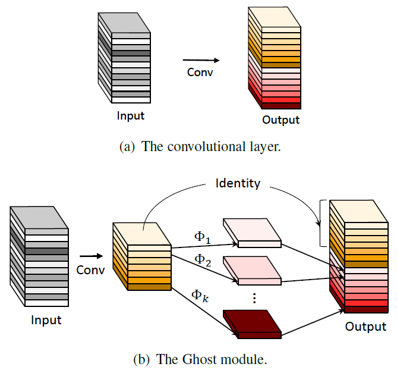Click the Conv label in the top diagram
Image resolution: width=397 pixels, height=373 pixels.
pos(200,72)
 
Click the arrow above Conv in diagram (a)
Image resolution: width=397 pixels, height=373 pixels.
pos(200,59)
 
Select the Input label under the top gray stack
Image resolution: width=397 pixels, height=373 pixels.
pos(130,116)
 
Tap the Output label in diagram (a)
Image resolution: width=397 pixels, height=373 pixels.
pos(281,120)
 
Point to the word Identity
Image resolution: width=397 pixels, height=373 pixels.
pos(237,183)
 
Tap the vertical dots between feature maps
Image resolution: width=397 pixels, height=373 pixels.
pos(254,297)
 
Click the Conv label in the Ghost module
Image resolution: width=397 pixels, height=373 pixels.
pos(91,269)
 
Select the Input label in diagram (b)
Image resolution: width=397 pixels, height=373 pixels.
pos(46,321)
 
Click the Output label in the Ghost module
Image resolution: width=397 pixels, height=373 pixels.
pos(366,327)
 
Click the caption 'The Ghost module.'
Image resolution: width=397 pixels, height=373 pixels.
pos(200,359)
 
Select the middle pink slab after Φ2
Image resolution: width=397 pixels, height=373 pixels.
pos(251,269)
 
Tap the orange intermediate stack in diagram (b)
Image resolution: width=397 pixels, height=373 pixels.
pos(141,256)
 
